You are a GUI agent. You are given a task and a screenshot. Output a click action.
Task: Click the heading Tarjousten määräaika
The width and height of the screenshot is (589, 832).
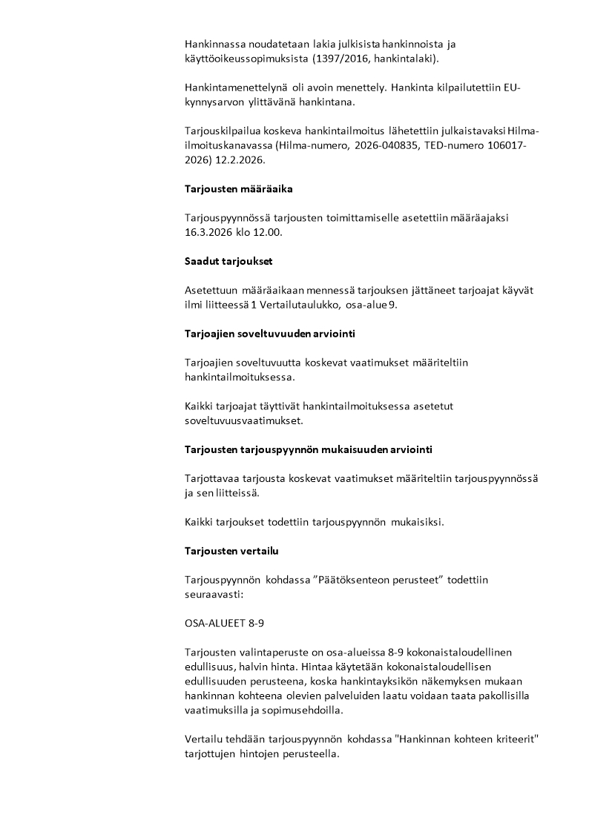(x=238, y=189)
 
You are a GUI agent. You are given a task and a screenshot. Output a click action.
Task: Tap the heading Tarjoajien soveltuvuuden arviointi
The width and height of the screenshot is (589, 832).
(x=269, y=334)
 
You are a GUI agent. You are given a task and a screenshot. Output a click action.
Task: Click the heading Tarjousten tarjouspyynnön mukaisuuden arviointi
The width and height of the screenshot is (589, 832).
(x=309, y=449)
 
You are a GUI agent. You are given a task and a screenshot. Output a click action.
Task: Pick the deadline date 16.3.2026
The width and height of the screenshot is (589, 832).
(x=210, y=231)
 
